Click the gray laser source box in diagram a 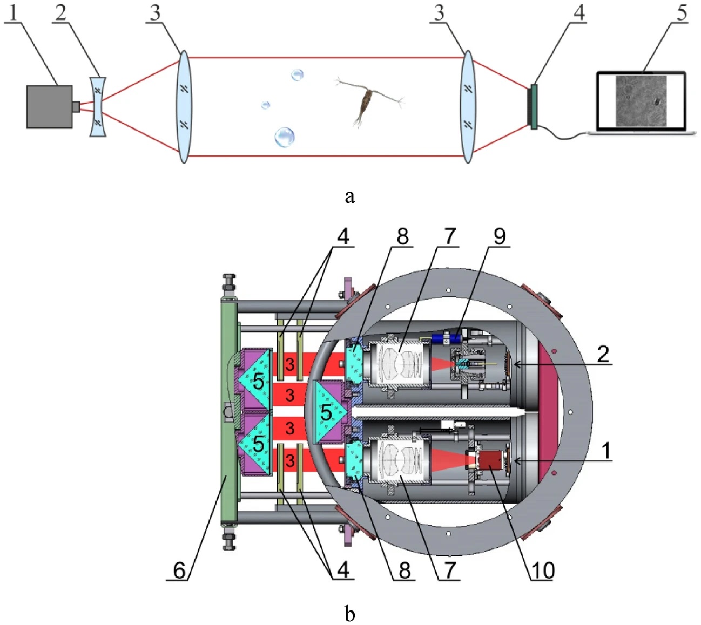point(50,107)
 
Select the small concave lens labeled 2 point(98,106)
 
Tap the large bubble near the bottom point(285,137)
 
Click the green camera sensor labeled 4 point(534,106)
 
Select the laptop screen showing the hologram point(641,100)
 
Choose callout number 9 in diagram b point(499,236)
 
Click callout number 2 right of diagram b point(603,355)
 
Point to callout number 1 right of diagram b point(605,451)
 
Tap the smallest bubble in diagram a point(266,105)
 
